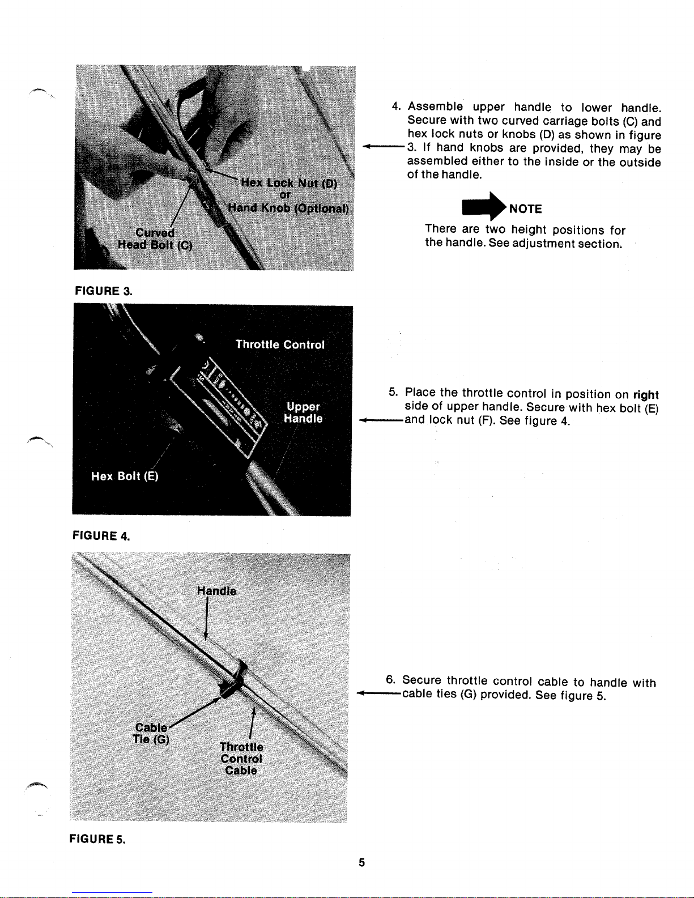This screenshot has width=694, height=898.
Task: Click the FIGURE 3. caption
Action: click(103, 291)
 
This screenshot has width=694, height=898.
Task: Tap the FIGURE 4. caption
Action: click(101, 535)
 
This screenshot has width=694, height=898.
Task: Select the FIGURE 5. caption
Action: click(97, 839)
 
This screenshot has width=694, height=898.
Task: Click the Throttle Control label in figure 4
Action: click(280, 344)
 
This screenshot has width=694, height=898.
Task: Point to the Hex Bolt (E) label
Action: click(125, 476)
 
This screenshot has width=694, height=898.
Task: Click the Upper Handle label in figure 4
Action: click(303, 412)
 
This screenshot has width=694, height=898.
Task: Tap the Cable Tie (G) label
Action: click(151, 733)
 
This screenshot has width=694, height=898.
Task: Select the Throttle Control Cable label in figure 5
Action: click(241, 759)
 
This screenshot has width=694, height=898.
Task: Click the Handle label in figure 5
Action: click(216, 591)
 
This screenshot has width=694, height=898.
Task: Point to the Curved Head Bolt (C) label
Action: click(155, 239)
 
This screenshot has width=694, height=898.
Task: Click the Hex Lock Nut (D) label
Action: click(289, 182)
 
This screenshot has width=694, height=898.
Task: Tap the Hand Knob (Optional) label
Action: click(288, 208)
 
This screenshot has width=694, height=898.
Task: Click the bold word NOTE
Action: click(526, 208)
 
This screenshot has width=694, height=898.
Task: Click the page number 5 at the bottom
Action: click(362, 862)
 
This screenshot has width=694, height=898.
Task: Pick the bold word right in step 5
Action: click(646, 395)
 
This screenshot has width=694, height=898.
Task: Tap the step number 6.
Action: click(390, 679)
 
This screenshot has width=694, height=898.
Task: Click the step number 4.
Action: click(396, 106)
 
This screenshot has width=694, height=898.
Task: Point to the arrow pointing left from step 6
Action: click(379, 693)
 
